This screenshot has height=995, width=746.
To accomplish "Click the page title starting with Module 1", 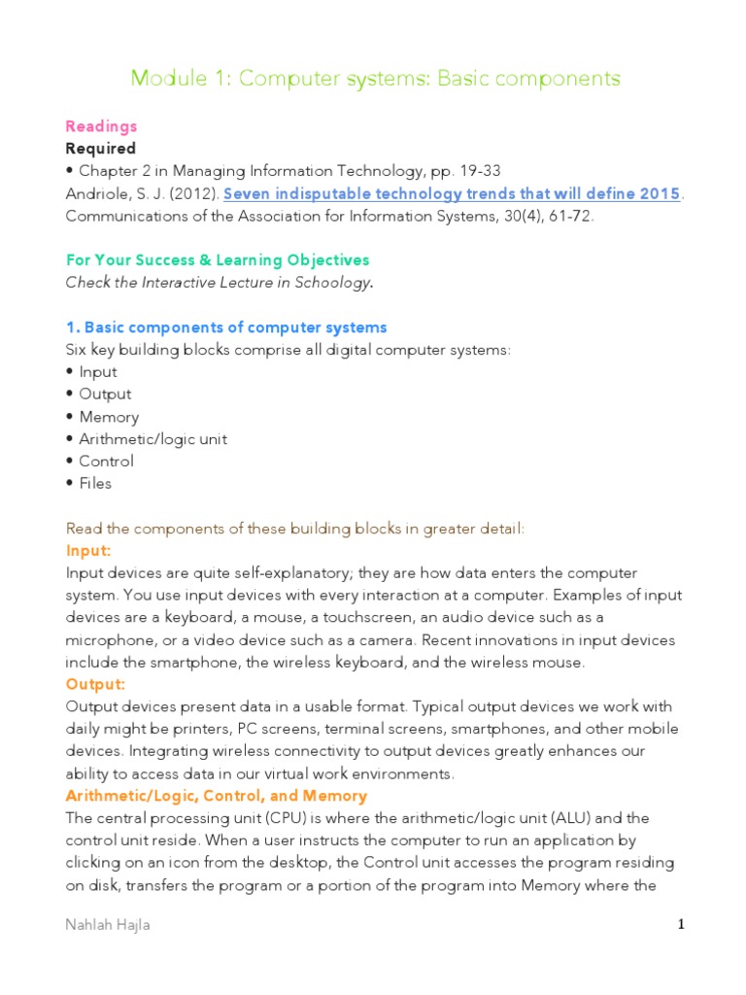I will pos(375,79).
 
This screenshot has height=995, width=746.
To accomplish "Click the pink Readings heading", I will pos(101,126).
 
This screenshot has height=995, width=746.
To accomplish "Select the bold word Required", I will pos(101,149).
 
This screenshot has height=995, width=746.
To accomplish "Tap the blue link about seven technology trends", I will pos(452,193).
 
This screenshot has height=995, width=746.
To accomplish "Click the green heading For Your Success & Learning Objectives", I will pos(218,260).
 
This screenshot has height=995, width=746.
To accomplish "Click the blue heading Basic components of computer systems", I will pos(226,327).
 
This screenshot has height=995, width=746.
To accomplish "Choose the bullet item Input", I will pos(98,372).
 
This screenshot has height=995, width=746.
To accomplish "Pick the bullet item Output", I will pos(105,395).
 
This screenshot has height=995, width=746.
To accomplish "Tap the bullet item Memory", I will pos(109,417).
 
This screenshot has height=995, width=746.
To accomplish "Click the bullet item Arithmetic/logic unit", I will pos(153,439).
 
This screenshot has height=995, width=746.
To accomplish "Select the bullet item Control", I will pos(106,462).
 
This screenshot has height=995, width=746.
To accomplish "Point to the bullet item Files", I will pos(95,484).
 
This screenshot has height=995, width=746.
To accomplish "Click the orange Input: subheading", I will pos(87,551).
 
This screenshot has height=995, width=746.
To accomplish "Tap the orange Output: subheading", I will pos(94,685).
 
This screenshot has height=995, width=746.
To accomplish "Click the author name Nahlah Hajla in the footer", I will pos(108,926).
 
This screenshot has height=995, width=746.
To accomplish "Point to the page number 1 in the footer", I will pos(682,925).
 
